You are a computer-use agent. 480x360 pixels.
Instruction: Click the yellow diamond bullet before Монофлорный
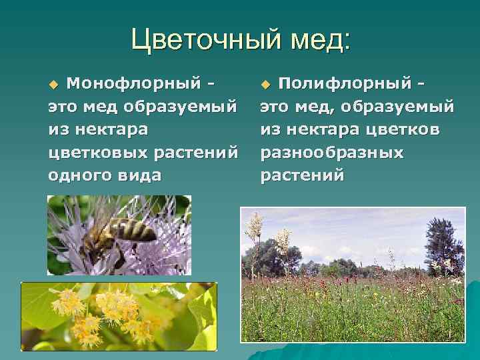[x=54, y=84]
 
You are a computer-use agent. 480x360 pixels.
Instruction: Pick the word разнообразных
[x=332, y=153]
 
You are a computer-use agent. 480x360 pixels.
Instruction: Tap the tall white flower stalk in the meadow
[x=254, y=233]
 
